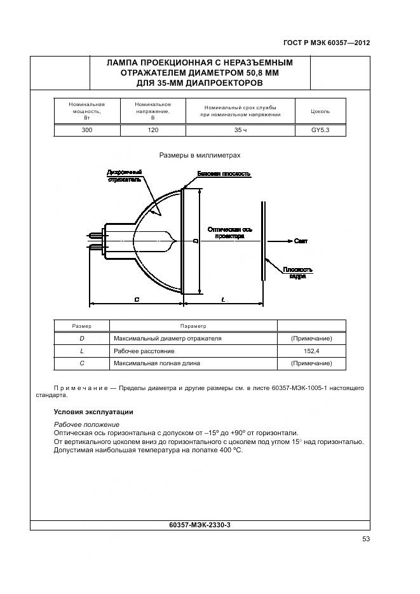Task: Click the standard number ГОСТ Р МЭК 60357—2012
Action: [x=326, y=43]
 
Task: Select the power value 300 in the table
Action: [x=86, y=130]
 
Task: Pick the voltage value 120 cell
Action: [x=152, y=130]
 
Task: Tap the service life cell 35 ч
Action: [x=240, y=130]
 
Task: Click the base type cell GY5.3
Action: [x=320, y=130]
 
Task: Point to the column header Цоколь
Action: [x=320, y=111]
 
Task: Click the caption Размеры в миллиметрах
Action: [x=200, y=154]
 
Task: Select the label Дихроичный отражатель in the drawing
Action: [x=125, y=175]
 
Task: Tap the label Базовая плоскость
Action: [x=224, y=173]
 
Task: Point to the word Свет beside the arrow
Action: [x=301, y=241]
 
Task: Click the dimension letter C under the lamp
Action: [x=137, y=299]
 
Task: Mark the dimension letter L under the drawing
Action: [x=223, y=299]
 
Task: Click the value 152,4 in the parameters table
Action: [x=311, y=351]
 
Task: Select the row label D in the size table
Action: [x=81, y=339]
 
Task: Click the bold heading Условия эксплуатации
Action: [x=93, y=412]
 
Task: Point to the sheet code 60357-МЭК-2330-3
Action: [x=201, y=525]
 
